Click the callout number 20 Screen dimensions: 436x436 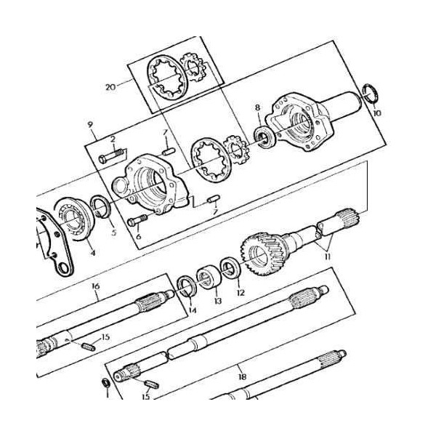(x=110, y=87)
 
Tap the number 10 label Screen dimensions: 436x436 (x=376, y=113)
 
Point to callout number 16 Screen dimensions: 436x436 (x=95, y=286)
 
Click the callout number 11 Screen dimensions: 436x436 (x=328, y=256)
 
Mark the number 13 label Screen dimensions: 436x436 (x=217, y=301)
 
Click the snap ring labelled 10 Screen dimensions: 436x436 (x=371, y=94)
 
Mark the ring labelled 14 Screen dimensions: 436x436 (x=186, y=284)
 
